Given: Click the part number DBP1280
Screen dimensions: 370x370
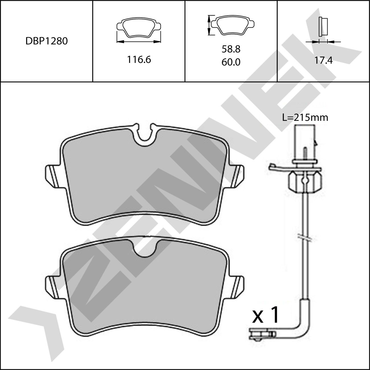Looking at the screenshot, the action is [47, 41].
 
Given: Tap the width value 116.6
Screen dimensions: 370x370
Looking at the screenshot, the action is [139, 60].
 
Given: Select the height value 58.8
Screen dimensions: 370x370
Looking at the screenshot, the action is [231, 49].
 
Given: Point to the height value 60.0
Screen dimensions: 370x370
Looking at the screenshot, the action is [231, 62].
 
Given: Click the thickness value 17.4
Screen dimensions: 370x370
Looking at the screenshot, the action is [323, 60].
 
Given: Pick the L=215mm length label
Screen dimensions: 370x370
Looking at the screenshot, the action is [305, 118].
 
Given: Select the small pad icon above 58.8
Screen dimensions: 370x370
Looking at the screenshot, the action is [233, 25].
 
